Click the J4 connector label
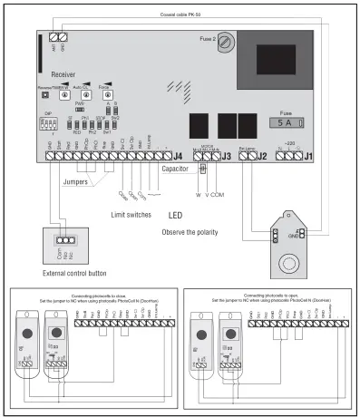point(178,158)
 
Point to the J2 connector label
point(263,158)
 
